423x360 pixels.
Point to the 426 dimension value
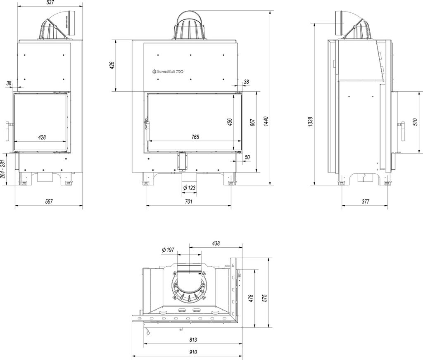[112, 66]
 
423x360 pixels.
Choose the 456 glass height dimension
[230, 122]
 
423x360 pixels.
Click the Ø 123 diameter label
[189, 188]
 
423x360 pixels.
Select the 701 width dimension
[188, 201]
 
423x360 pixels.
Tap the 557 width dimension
[49, 201]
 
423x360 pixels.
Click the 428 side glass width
[41, 137]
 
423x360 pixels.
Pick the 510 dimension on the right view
[414, 122]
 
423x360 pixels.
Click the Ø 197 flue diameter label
[169, 250]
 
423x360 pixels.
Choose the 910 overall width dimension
[192, 352]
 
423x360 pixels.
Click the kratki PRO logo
[167, 72]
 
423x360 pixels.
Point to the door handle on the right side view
[401, 132]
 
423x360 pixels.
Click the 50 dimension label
[247, 157]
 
